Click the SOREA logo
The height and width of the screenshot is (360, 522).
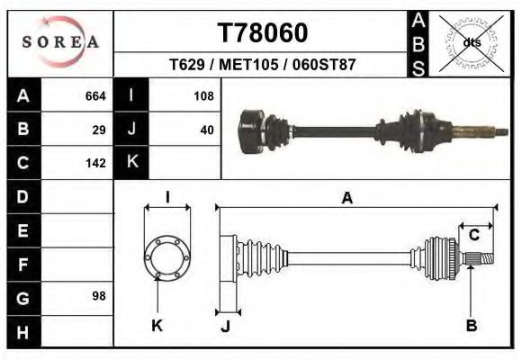tap(60, 42)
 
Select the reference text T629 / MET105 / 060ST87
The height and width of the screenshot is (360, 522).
tap(262, 66)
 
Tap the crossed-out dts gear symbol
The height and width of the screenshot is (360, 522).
tap(471, 42)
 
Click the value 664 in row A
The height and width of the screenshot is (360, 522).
tap(95, 95)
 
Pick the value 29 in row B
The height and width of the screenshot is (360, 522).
tap(99, 129)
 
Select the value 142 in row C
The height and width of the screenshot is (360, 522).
tap(95, 163)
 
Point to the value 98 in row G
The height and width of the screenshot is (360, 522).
tap(99, 296)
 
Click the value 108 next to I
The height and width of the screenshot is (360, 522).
tap(202, 95)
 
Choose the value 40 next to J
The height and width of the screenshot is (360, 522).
tap(206, 129)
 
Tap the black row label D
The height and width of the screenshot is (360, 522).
tap(23, 196)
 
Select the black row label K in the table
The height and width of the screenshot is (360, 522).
tap(131, 163)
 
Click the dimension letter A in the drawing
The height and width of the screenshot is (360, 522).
tap(346, 199)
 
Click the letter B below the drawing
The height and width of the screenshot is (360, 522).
tap(471, 325)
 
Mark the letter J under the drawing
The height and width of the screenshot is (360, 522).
tap(226, 326)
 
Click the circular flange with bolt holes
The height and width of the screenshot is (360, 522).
tap(167, 256)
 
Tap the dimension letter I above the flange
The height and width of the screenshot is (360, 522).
tap(167, 198)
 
